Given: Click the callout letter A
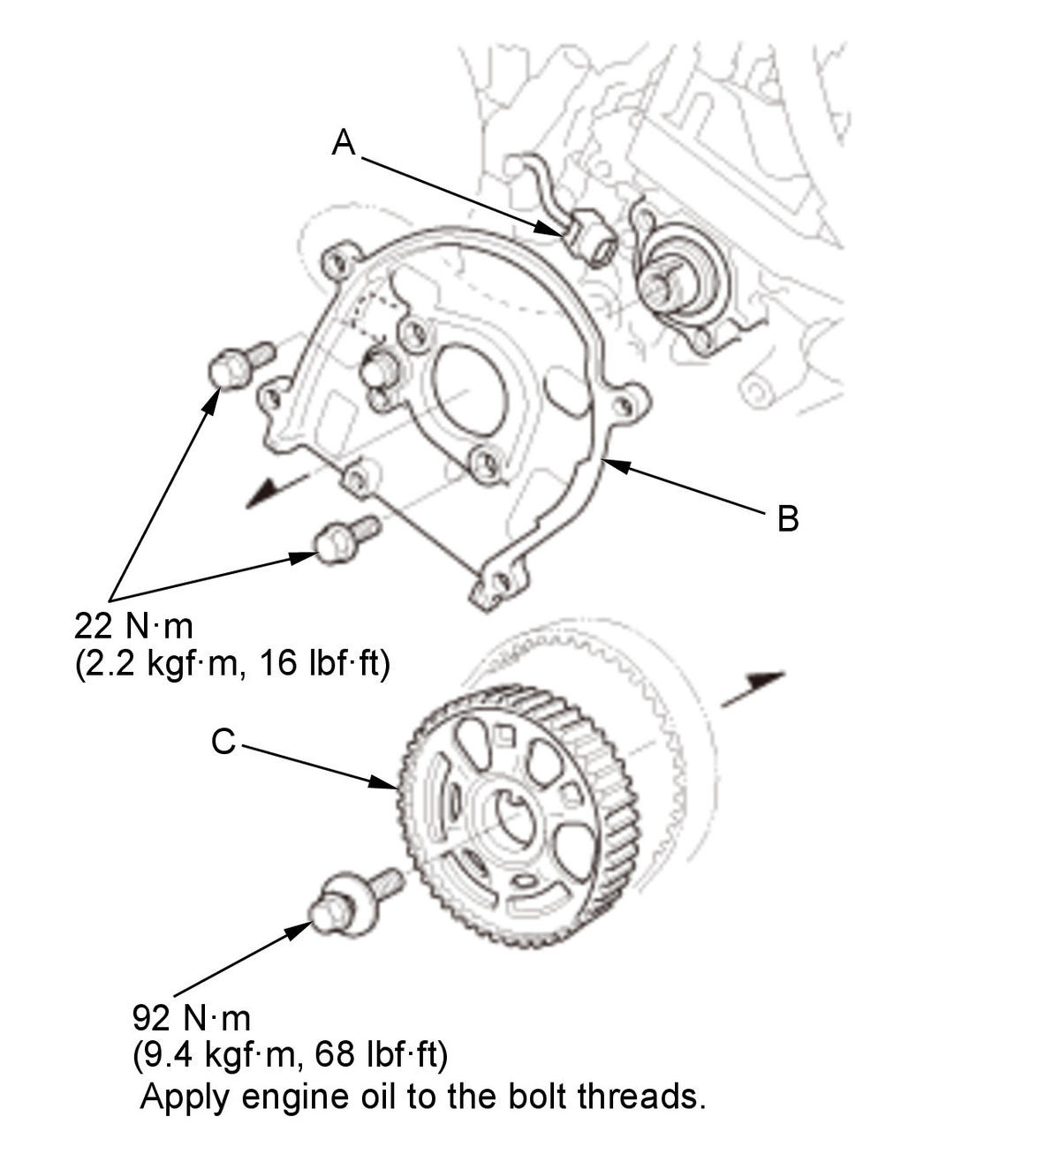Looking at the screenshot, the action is (343, 142).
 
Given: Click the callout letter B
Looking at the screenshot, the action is (788, 517).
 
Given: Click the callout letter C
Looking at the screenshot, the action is (223, 742).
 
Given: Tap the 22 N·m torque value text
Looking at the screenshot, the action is (134, 626).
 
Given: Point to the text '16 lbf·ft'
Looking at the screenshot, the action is (324, 663).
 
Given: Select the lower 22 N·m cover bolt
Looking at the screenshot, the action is (346, 539).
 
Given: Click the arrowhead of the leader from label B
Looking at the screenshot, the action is (616, 464).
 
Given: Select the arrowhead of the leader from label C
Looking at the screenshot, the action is (383, 782).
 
